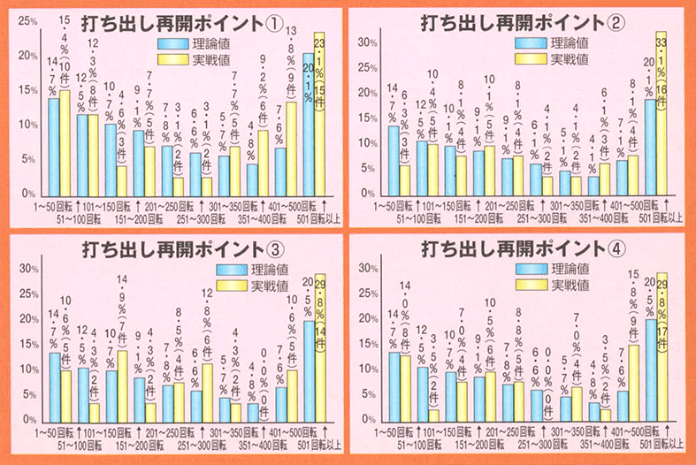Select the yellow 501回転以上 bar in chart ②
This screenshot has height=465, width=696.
point(660,115)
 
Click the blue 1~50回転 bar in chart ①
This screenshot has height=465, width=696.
point(53,146)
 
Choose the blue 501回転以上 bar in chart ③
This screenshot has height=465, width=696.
point(308,371)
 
